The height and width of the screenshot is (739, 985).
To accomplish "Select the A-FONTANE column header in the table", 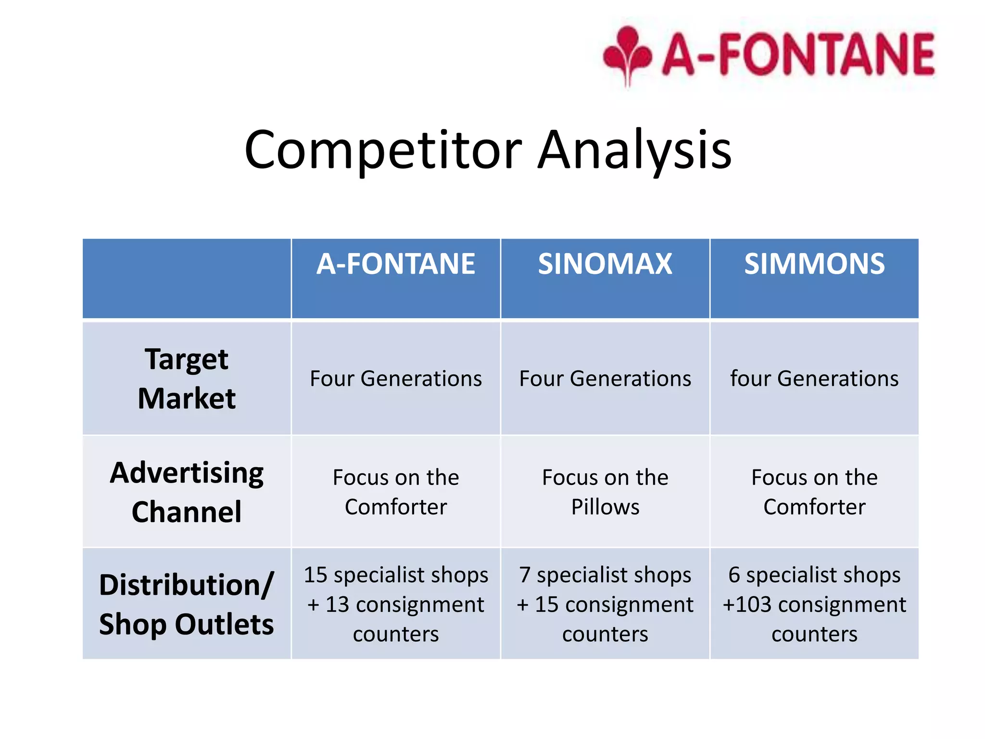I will click(x=395, y=264).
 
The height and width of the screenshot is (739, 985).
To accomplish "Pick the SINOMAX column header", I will click(x=605, y=264).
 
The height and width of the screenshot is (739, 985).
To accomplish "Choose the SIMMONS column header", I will click(x=814, y=264).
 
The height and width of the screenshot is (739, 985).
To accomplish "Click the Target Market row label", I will click(x=187, y=379).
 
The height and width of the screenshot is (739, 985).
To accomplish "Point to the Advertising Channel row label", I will click(x=187, y=492).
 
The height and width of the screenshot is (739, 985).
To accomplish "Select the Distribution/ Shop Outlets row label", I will click(x=187, y=604).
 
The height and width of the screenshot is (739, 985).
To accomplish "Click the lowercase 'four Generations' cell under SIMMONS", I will click(x=814, y=379).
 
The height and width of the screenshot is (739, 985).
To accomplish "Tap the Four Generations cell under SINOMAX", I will click(x=605, y=379).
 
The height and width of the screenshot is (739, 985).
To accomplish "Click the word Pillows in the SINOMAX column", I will click(x=605, y=507).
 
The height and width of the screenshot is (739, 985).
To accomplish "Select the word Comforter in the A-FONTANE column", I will click(x=395, y=507).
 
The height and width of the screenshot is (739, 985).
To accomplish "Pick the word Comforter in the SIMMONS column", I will click(x=814, y=507).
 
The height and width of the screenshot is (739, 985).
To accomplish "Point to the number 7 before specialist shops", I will click(x=525, y=575).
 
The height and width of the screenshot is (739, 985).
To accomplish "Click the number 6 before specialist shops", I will click(x=734, y=575).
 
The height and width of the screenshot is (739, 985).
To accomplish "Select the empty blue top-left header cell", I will click(x=187, y=278).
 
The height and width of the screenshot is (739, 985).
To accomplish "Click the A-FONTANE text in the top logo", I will click(x=798, y=54).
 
